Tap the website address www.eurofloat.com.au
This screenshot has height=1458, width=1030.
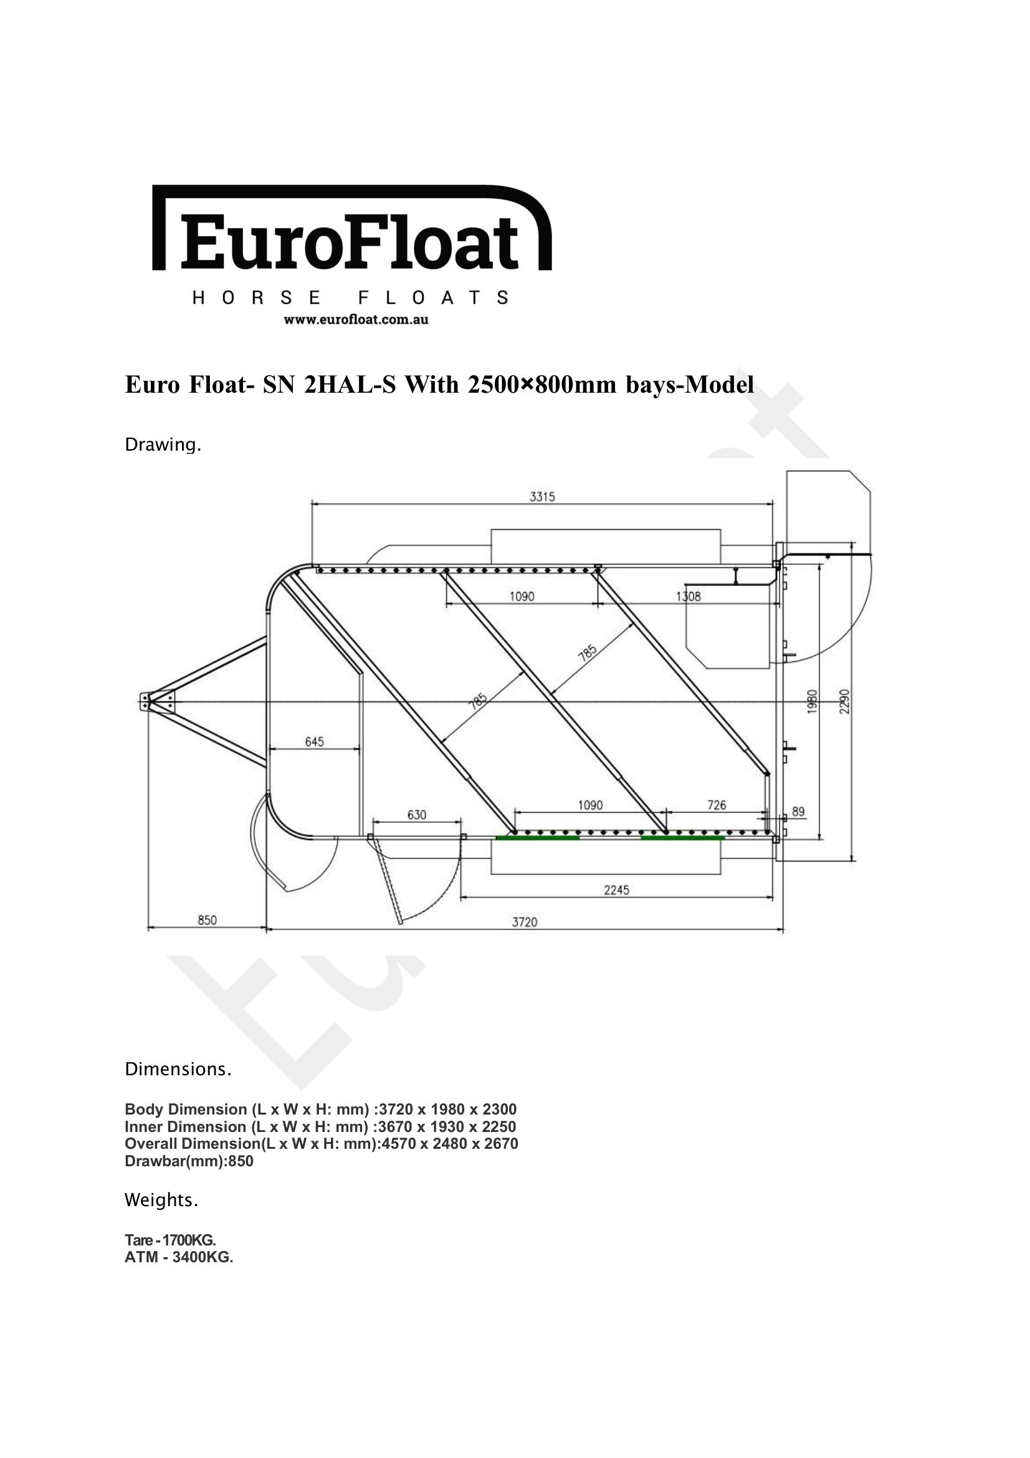click(356, 319)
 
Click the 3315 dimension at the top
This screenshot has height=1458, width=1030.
click(542, 497)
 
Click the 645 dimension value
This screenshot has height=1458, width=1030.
click(314, 741)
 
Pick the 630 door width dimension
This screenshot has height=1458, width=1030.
click(416, 815)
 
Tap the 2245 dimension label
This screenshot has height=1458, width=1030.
click(616, 890)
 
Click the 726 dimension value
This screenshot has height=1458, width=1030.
click(717, 805)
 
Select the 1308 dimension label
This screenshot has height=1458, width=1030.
click(689, 597)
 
